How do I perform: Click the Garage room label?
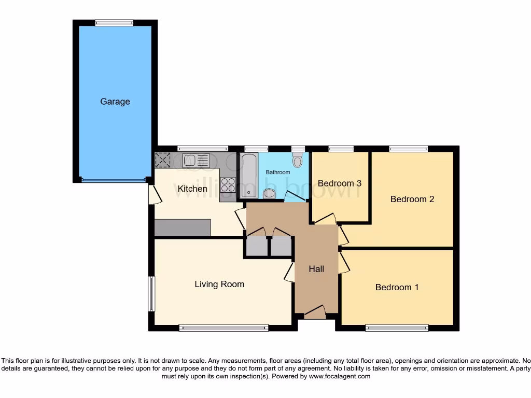point(115,102)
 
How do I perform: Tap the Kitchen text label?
point(192,189)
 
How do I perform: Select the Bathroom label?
point(278,172)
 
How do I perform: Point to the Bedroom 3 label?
point(340,183)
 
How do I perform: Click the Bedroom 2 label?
point(412,199)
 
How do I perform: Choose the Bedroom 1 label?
point(397,287)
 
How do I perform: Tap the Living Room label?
point(219,284)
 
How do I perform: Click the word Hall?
point(316,269)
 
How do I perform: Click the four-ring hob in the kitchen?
point(228,185)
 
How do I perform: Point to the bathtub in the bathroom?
point(248,176)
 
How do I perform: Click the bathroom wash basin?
point(269,194)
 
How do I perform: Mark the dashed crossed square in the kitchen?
point(163,160)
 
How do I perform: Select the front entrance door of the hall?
point(315,312)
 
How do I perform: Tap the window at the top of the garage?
point(114,22)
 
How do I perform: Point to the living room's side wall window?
point(151,294)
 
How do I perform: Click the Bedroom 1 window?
point(397,328)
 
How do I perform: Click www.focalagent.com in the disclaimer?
point(339,377)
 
